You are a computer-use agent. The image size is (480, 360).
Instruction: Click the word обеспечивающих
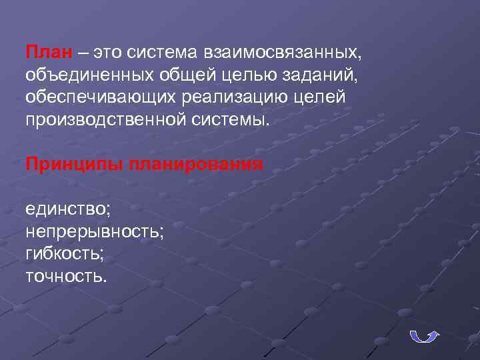click(99, 97)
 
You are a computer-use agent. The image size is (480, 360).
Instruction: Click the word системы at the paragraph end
click(232, 120)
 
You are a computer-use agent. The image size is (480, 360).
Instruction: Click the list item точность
click(65, 276)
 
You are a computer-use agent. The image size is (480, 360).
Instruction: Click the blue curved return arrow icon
click(423, 335)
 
